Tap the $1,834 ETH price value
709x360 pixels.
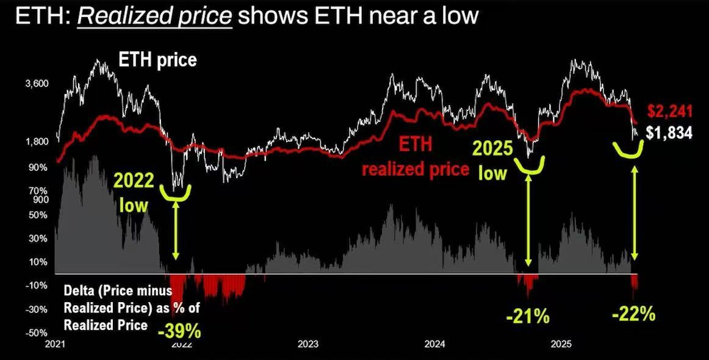tap(669, 132)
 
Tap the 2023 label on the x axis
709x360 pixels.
tap(308, 344)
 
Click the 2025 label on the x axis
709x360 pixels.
tap(561, 344)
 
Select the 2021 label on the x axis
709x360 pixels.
tap(56, 344)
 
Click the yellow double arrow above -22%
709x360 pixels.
tap(635, 214)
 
